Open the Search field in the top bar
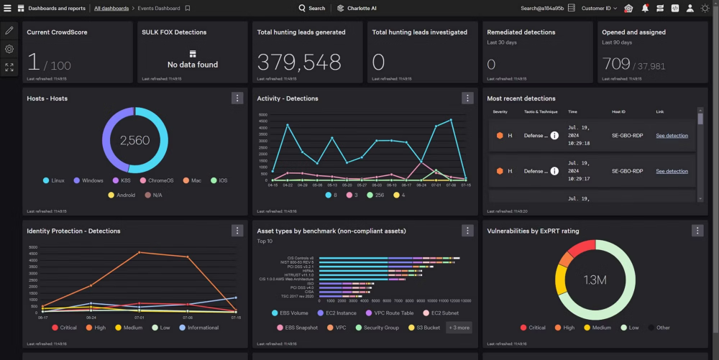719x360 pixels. pyautogui.click(x=312, y=9)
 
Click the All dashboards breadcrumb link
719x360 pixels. pyautogui.click(x=111, y=9)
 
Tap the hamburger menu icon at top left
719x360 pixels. pyautogui.click(x=8, y=9)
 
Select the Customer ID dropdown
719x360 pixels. pyautogui.click(x=599, y=9)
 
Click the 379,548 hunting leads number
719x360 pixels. pyautogui.click(x=299, y=63)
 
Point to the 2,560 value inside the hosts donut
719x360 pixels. pyautogui.click(x=134, y=141)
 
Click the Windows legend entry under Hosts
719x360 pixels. pyautogui.click(x=88, y=180)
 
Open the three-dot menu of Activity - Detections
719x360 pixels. pyautogui.click(x=467, y=98)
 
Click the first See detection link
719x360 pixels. pyautogui.click(x=672, y=136)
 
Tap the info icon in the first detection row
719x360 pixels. pyautogui.click(x=554, y=135)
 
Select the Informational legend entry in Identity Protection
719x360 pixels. pyautogui.click(x=203, y=328)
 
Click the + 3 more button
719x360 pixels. pyautogui.click(x=459, y=328)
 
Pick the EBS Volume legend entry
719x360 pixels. pyautogui.click(x=296, y=313)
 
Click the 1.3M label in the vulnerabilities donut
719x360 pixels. pyautogui.click(x=595, y=280)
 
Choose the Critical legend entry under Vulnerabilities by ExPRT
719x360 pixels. pyautogui.click(x=532, y=328)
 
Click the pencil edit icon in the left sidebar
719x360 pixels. pyautogui.click(x=9, y=30)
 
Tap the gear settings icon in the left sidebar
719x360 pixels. pyautogui.click(x=9, y=49)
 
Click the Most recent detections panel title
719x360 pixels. pyautogui.click(x=521, y=98)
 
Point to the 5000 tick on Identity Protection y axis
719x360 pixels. pyautogui.click(x=33, y=248)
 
